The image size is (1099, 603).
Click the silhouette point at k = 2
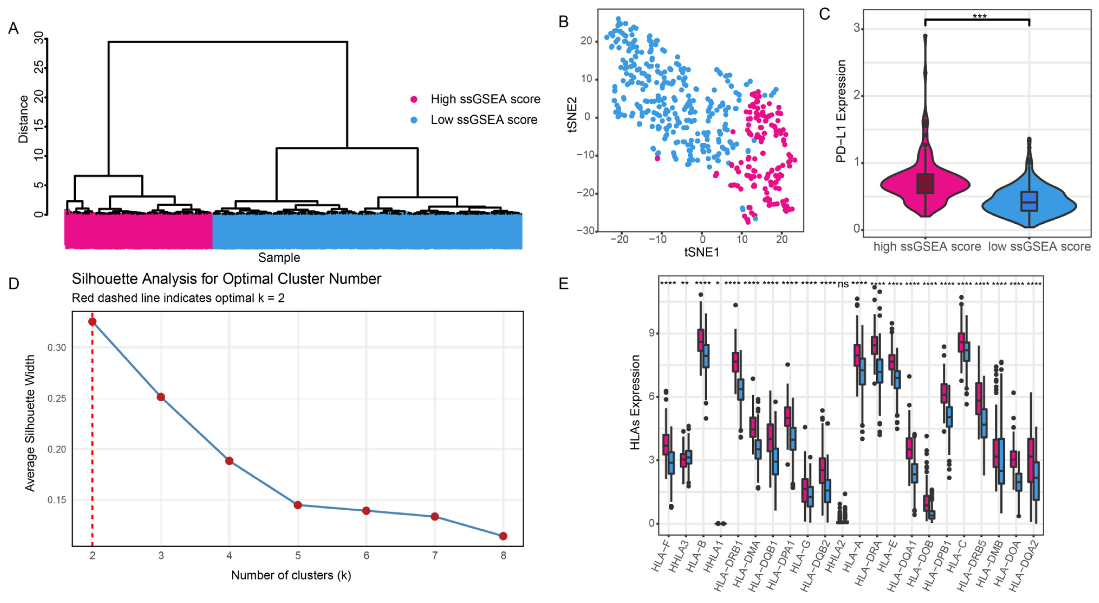pyautogui.click(x=92, y=321)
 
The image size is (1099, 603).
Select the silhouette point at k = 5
pyautogui.click(x=298, y=505)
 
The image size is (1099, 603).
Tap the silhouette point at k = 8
pyautogui.click(x=503, y=536)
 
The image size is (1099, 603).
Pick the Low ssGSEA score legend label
pyautogui.click(x=484, y=120)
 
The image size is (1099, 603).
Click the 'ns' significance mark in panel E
pyautogui.click(x=843, y=284)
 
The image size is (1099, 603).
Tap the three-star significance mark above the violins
pyautogui.click(x=979, y=16)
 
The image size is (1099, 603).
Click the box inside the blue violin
pyautogui.click(x=1029, y=201)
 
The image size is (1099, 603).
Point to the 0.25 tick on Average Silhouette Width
pyautogui.click(x=57, y=398)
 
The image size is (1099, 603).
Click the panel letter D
pyautogui.click(x=14, y=284)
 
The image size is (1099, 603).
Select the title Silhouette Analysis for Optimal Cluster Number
pyautogui.click(x=226, y=279)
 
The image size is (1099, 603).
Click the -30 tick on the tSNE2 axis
pyautogui.click(x=585, y=231)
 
